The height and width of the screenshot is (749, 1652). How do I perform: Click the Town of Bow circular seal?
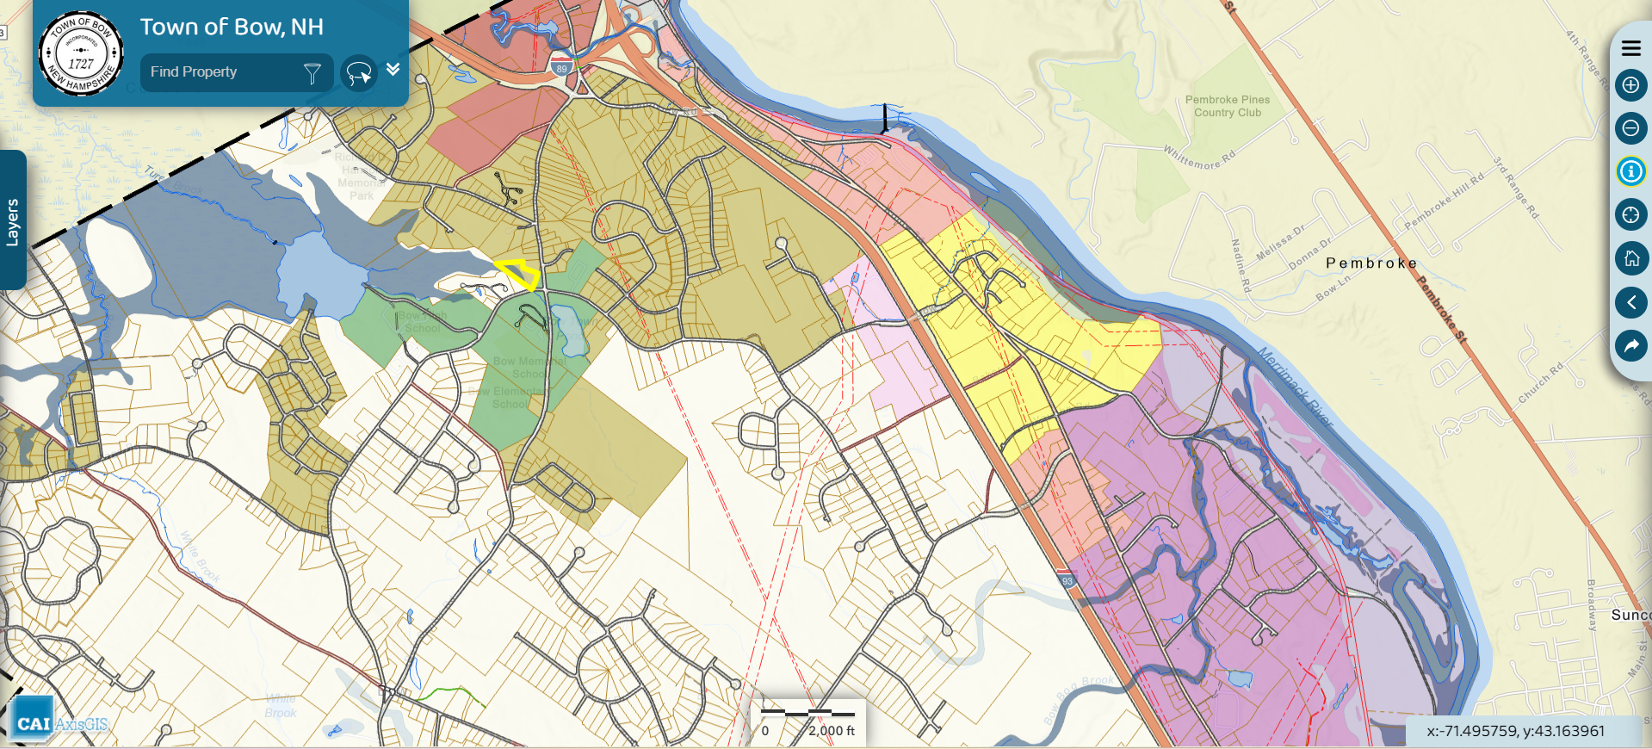pyautogui.click(x=81, y=53)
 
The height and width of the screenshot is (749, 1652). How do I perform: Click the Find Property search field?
pyautogui.click(x=220, y=72)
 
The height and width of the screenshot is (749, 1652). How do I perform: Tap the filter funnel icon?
pyautogui.click(x=312, y=73)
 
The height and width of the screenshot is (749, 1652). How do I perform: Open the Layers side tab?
pyautogui.click(x=12, y=220)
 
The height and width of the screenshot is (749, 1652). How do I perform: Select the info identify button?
pyautogui.click(x=1630, y=171)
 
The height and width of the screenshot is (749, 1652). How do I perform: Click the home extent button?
pyautogui.click(x=1630, y=258)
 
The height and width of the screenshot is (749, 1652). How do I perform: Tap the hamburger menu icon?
pyautogui.click(x=1630, y=48)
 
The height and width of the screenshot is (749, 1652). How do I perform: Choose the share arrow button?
pyautogui.click(x=1630, y=346)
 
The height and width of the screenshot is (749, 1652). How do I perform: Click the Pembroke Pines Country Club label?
pyautogui.click(x=1227, y=106)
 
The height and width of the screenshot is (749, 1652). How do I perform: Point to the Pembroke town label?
pyautogui.click(x=1370, y=263)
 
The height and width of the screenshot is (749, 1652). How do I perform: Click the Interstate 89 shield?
pyautogui.click(x=561, y=68)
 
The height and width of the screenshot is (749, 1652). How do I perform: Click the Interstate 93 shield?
pyautogui.click(x=1067, y=580)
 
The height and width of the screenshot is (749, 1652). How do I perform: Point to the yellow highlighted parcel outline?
pyautogui.click(x=518, y=274)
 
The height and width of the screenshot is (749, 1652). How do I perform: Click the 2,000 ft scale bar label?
pyautogui.click(x=831, y=731)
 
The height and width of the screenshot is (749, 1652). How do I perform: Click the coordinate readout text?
pyautogui.click(x=1515, y=731)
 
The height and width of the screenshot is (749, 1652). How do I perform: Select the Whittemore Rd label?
pyautogui.click(x=1199, y=158)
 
